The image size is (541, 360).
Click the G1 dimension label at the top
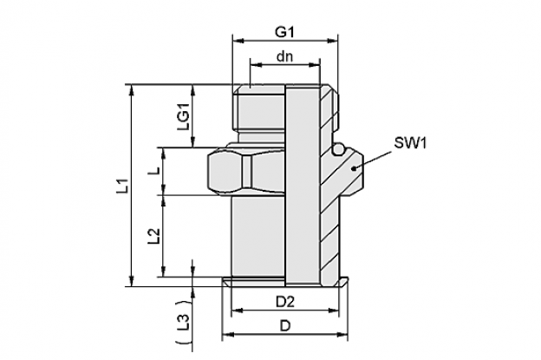(284, 32)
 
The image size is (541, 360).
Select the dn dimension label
(284, 56)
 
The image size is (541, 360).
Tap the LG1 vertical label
(183, 116)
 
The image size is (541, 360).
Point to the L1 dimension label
(123, 186)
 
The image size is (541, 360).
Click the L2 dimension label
(153, 237)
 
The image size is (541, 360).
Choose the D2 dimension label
(285, 302)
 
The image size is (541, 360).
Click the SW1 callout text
(410, 142)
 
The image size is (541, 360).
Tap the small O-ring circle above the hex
(338, 150)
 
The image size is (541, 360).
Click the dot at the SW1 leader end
(354, 168)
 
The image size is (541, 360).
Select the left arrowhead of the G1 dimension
(238, 41)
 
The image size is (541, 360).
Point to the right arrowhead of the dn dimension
(314, 64)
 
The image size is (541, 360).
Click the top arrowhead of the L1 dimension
(131, 90)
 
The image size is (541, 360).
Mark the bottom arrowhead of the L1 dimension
(131, 281)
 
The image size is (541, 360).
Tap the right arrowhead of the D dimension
(342, 334)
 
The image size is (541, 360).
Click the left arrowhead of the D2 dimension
(238, 311)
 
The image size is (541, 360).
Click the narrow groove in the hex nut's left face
(246, 172)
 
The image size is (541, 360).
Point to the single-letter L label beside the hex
(157, 171)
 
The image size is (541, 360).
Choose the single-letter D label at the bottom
(285, 325)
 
